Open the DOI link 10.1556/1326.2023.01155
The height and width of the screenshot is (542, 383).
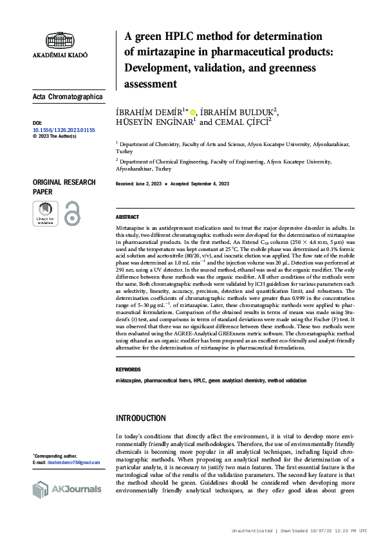[63, 130]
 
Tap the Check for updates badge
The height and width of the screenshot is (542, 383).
[45, 214]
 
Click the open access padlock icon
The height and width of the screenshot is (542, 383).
[72, 214]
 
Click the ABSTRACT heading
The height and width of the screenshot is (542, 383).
[127, 218]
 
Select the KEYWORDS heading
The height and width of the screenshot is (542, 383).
[128, 369]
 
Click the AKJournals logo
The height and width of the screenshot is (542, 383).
[67, 489]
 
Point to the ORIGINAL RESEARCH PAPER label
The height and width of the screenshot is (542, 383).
[64, 187]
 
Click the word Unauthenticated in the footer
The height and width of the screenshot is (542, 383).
[252, 530]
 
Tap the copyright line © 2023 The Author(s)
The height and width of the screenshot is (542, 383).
[54, 136]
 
